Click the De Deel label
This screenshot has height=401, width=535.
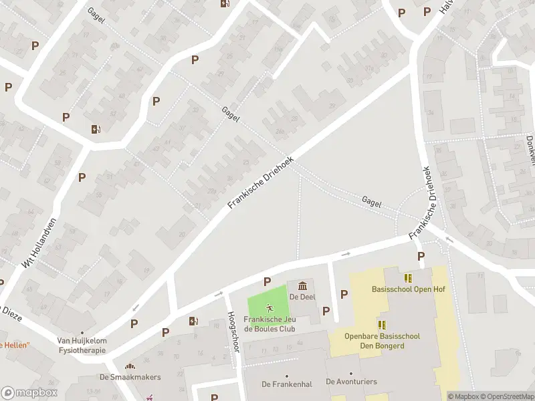(302, 297)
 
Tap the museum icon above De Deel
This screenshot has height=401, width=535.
(302, 286)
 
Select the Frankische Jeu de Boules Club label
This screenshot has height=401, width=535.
(270, 324)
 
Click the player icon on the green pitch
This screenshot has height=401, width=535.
(270, 308)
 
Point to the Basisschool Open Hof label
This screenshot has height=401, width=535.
(408, 289)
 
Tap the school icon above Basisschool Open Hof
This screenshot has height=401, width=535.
(408, 277)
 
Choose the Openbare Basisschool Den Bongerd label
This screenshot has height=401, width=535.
(382, 340)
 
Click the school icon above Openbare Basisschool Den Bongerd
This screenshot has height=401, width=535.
(382, 325)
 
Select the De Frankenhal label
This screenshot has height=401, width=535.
(287, 384)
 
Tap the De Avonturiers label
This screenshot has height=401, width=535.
(351, 382)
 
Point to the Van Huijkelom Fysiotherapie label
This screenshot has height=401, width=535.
(82, 344)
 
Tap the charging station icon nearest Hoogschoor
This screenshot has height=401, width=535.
(194, 321)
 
